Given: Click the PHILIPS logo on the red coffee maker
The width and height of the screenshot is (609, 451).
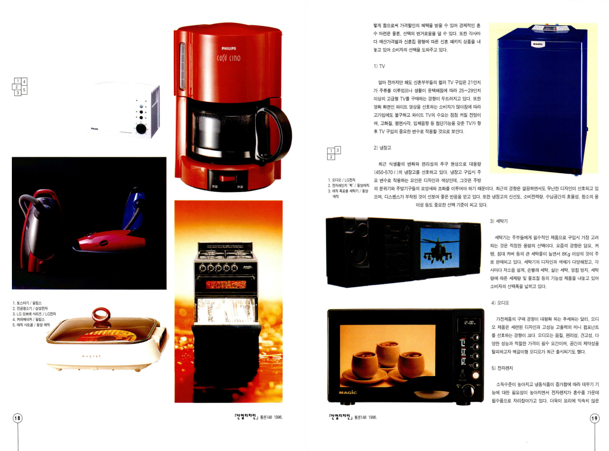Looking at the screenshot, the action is [229, 49].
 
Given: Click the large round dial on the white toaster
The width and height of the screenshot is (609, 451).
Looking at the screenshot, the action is [141, 129].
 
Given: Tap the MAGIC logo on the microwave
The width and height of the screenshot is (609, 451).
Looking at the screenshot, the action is [347, 392].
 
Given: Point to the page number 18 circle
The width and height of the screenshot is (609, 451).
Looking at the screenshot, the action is [17, 418].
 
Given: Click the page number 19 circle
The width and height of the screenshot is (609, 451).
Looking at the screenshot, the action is [595, 419].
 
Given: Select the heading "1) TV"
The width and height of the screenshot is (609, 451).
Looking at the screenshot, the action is [379, 66].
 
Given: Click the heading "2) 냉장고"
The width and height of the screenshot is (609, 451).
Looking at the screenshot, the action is [382, 148].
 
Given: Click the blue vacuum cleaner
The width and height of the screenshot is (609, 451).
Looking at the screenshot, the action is [135, 209].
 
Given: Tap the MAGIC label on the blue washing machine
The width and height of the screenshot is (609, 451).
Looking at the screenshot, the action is [538, 44].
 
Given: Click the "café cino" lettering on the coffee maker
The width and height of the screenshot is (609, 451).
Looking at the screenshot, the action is [228, 58].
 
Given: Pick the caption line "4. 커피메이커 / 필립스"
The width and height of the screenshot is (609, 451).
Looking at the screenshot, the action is [28, 320].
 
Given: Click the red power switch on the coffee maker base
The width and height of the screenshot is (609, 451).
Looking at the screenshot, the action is [227, 179].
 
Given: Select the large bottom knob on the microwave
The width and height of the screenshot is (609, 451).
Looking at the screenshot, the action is [468, 390].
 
